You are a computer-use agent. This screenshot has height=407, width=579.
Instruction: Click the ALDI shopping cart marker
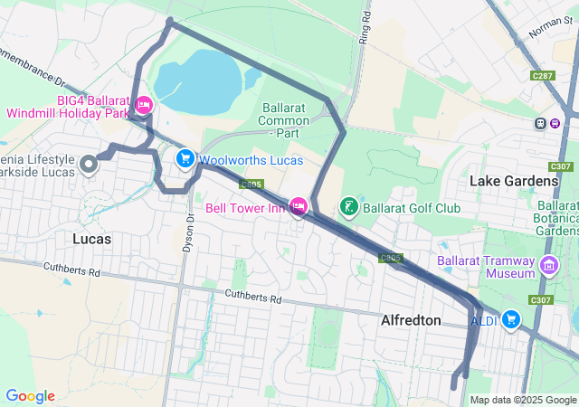[x=511, y=319]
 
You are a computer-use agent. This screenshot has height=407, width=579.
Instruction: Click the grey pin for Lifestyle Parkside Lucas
[x=89, y=164]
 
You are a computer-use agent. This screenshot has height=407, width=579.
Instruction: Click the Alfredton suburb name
[x=411, y=320]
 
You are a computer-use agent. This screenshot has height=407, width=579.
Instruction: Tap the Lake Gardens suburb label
[x=513, y=181]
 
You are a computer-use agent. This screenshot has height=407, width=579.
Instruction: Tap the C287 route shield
[x=543, y=76]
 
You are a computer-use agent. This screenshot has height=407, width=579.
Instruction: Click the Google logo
[x=30, y=396]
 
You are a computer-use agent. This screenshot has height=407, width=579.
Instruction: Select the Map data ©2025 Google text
[x=523, y=400]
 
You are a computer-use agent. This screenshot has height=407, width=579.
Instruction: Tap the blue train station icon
[x=540, y=123]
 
